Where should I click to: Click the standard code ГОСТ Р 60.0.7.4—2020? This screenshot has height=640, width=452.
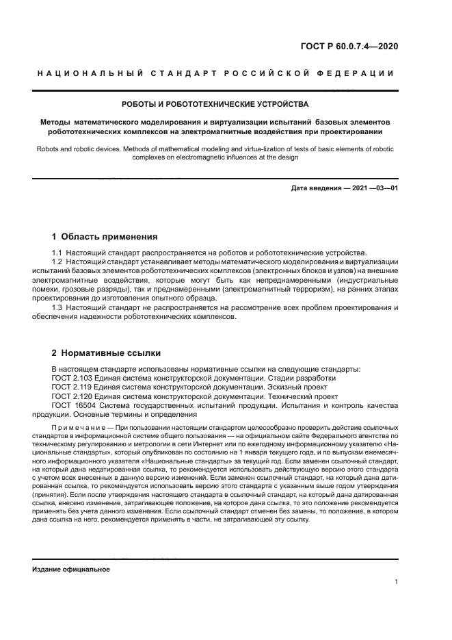(349, 47)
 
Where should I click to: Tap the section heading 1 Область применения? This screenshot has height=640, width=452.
(105, 237)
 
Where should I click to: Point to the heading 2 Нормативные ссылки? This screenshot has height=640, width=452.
(106, 353)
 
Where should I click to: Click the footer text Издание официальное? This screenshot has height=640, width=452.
(71, 569)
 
